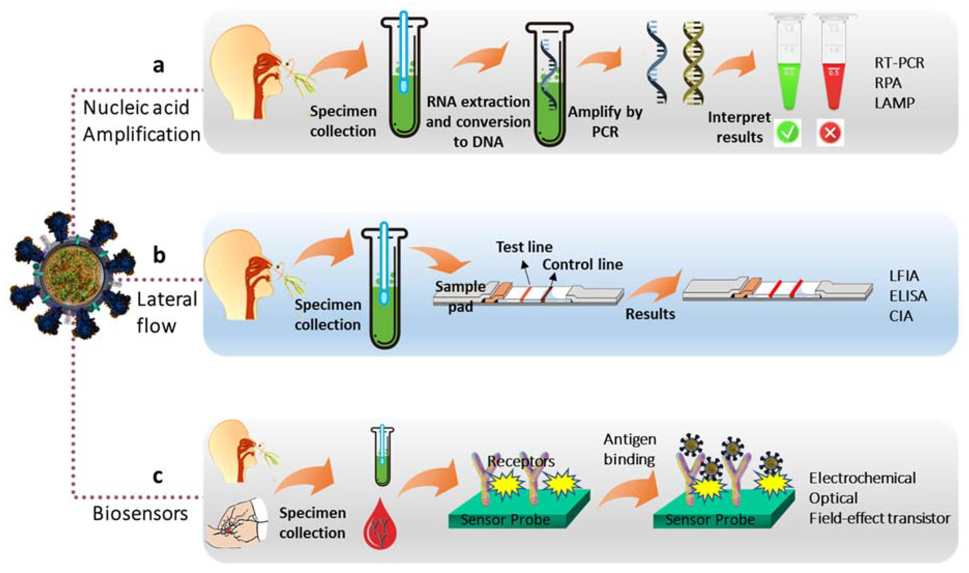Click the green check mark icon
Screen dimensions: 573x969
(787, 133)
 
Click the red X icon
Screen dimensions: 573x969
(830, 133)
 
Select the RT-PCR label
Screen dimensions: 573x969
(899, 63)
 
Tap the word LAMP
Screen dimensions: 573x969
(894, 103)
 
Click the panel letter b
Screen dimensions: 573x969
(159, 255)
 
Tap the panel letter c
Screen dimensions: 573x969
(157, 476)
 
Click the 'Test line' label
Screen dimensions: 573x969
(524, 247)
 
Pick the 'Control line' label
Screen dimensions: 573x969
(582, 264)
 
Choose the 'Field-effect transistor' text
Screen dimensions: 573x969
(879, 518)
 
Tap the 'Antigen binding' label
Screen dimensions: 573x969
(629, 449)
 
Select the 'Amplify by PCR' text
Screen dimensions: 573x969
(605, 122)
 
